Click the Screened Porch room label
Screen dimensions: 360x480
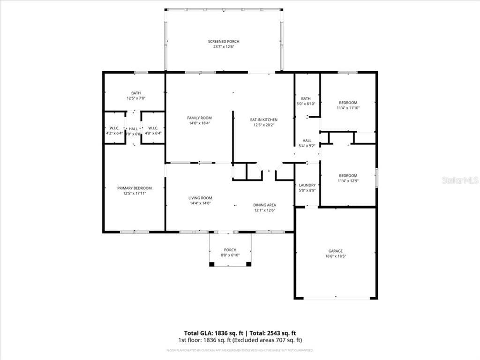pos(224,42)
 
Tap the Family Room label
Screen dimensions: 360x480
pos(199,118)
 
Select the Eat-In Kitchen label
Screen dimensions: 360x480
pos(263,120)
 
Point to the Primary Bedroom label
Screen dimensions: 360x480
pos(134,188)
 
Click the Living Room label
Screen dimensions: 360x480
pos(200,198)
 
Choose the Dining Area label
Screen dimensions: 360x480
pos(264,205)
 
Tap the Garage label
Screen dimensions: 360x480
pos(335,251)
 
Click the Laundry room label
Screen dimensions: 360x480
pos(307,185)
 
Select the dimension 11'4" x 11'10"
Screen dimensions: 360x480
pos(348,108)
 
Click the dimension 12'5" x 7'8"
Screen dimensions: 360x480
pos(136,98)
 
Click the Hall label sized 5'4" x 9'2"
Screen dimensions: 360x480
pos(307,141)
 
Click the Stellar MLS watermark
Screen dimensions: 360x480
pos(461,180)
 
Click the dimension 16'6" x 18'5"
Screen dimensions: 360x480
pos(335,257)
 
